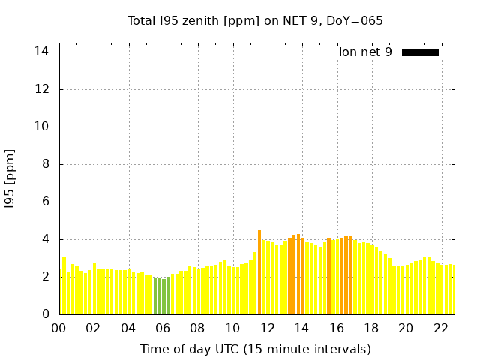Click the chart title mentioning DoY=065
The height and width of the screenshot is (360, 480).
[x=255, y=20]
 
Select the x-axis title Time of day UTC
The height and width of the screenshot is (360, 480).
[x=255, y=349]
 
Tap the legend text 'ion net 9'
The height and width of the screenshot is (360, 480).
[x=365, y=52]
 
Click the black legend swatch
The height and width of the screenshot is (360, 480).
[x=420, y=52]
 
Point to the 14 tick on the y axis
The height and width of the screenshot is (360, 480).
[x=42, y=52]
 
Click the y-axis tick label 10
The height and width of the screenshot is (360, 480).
[x=42, y=127]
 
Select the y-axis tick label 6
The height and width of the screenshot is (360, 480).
[x=46, y=202]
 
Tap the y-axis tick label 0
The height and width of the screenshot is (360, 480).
[x=46, y=314]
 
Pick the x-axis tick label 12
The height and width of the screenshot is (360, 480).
[x=267, y=328]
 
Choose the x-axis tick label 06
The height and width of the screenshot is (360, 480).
[x=163, y=328]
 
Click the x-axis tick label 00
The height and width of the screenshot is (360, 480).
[x=59, y=328]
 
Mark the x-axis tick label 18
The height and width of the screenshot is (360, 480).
[x=371, y=328]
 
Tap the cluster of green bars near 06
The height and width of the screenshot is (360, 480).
[x=162, y=296]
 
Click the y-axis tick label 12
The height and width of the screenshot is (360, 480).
[x=42, y=89]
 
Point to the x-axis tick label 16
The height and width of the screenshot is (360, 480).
[x=337, y=328]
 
